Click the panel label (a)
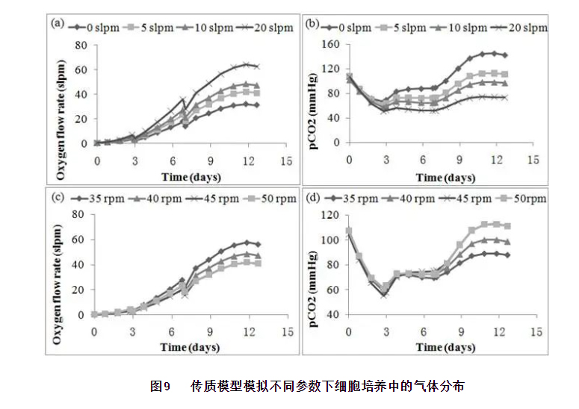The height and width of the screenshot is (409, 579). click(57, 22)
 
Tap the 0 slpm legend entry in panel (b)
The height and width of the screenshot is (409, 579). click(344, 28)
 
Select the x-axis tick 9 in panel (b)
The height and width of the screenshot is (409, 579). click(459, 160)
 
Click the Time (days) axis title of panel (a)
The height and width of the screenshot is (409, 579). click(190, 178)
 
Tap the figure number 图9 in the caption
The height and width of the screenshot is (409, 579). click(161, 387)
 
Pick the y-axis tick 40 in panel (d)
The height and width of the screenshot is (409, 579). click(334, 314)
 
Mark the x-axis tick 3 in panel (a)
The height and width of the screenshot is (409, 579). click(134, 160)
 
